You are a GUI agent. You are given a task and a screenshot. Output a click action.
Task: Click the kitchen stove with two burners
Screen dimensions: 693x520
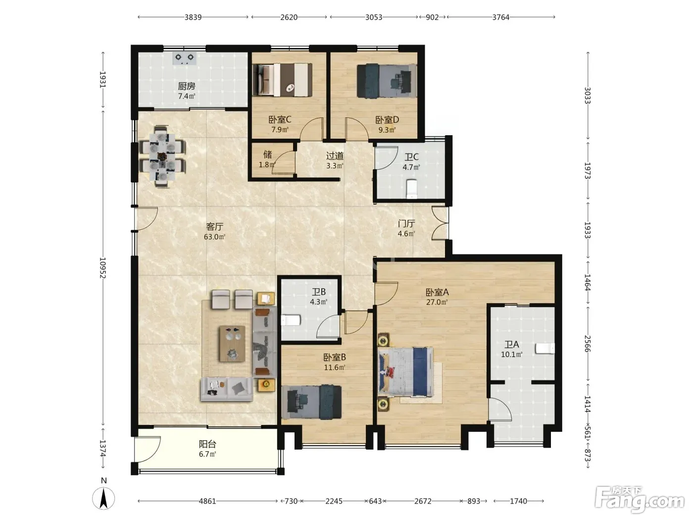tap(185, 58)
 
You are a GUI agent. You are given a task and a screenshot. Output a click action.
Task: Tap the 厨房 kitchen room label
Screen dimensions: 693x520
tap(186, 86)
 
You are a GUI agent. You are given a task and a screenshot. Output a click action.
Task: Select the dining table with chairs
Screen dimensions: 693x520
tap(162, 156)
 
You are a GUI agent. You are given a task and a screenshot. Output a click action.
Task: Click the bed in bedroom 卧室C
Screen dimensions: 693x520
tap(282, 80)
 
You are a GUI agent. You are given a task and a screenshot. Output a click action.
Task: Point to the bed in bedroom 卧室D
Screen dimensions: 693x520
tap(387, 81)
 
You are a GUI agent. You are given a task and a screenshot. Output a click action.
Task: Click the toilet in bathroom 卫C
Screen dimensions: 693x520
tap(412, 189)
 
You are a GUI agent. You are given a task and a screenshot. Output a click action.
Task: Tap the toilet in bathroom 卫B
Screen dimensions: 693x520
tap(290, 320)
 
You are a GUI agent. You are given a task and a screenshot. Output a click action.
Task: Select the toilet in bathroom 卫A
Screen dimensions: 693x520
tap(545, 349)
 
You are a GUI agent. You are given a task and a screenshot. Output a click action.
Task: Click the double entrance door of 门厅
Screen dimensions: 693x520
tap(440, 223)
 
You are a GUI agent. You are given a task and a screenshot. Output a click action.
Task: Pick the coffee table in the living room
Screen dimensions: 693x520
tap(232, 344)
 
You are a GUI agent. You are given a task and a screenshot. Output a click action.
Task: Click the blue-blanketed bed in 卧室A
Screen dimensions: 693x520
tap(405, 372)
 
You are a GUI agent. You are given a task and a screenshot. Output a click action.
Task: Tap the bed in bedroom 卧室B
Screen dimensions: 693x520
tap(312, 402)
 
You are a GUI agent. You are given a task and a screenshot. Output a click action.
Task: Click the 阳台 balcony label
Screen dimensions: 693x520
tap(207, 444)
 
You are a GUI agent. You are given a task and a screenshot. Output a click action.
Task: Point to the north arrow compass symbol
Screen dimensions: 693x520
tap(103, 498)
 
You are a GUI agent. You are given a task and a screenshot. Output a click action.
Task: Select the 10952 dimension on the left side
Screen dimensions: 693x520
tap(102, 268)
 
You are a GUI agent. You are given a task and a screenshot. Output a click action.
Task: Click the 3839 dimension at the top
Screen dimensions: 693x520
tap(193, 17)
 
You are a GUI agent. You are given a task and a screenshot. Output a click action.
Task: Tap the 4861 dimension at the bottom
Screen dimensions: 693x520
tap(207, 501)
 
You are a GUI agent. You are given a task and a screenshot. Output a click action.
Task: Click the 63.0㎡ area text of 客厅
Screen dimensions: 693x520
tap(214, 237)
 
